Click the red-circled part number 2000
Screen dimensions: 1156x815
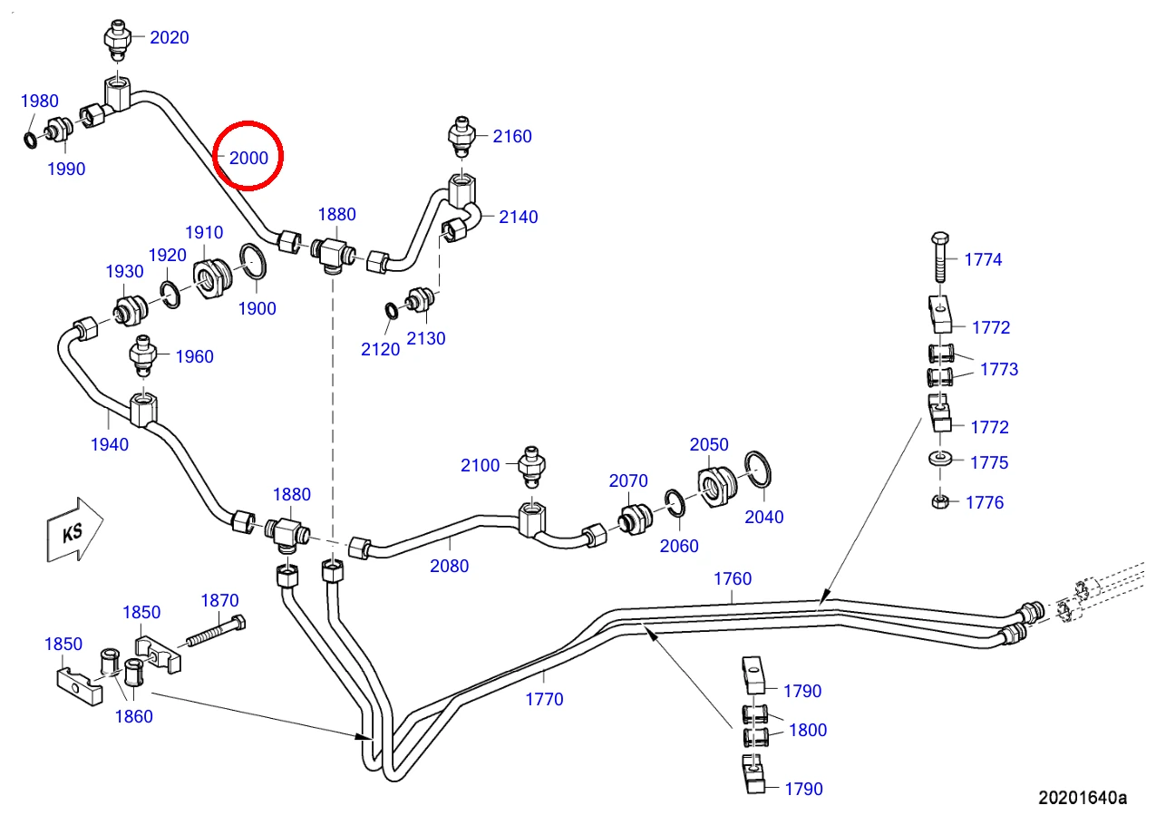click(248, 158)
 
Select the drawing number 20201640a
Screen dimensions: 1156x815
click(1083, 798)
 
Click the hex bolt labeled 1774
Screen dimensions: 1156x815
click(940, 257)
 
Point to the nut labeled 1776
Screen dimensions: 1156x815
click(940, 501)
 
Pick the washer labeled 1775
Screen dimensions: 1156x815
click(940, 458)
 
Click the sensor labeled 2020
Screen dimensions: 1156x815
click(118, 40)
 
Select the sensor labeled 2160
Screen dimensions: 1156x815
click(461, 137)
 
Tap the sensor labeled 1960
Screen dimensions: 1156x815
click(142, 356)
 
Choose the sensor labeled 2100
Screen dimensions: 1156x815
click(531, 467)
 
